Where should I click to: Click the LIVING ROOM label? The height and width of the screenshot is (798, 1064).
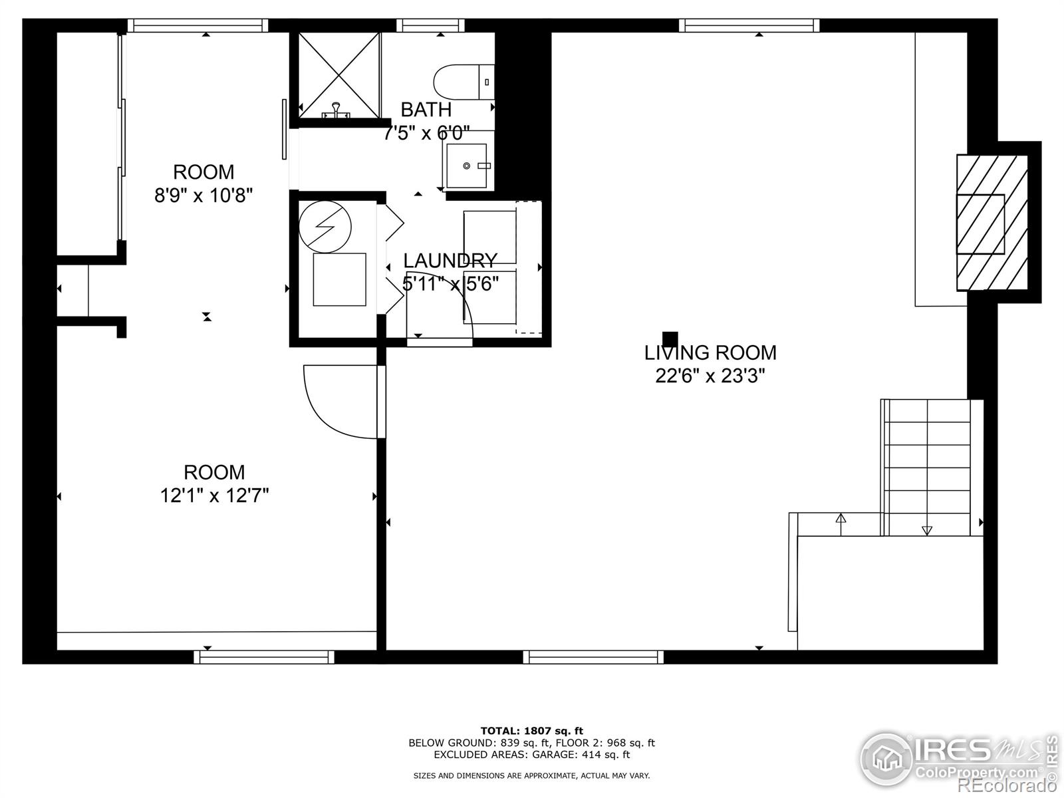(x=710, y=352)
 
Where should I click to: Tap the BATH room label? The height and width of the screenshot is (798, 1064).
(x=426, y=110)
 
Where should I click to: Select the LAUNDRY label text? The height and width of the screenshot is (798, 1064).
(x=450, y=260)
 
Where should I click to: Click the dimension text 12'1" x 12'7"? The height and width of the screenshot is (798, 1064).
(x=214, y=495)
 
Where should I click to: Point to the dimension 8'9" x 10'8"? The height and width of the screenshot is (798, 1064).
(x=203, y=196)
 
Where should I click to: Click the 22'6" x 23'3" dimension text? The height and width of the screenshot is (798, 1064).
(x=710, y=376)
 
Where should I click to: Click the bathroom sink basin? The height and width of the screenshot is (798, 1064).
(x=467, y=164)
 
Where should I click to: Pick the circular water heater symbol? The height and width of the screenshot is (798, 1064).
(x=325, y=226)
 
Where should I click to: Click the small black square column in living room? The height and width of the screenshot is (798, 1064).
(x=670, y=338)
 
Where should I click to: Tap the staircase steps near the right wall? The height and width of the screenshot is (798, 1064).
(x=931, y=459)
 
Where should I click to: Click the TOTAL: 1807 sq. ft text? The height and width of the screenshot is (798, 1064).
(x=531, y=731)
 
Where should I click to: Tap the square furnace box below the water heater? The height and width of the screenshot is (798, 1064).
(x=339, y=279)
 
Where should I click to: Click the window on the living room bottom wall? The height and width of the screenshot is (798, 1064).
(x=593, y=657)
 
